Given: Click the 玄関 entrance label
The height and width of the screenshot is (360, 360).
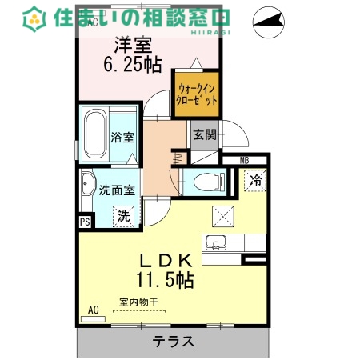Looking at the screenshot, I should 204,134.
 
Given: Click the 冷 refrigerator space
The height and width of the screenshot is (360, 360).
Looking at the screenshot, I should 254,180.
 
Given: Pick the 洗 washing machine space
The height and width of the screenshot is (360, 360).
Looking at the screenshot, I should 124,214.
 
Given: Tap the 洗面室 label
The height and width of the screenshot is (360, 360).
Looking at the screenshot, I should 116,190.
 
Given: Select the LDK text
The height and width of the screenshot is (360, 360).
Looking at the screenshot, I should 167,261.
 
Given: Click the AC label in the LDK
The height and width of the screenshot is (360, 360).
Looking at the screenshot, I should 94,309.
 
